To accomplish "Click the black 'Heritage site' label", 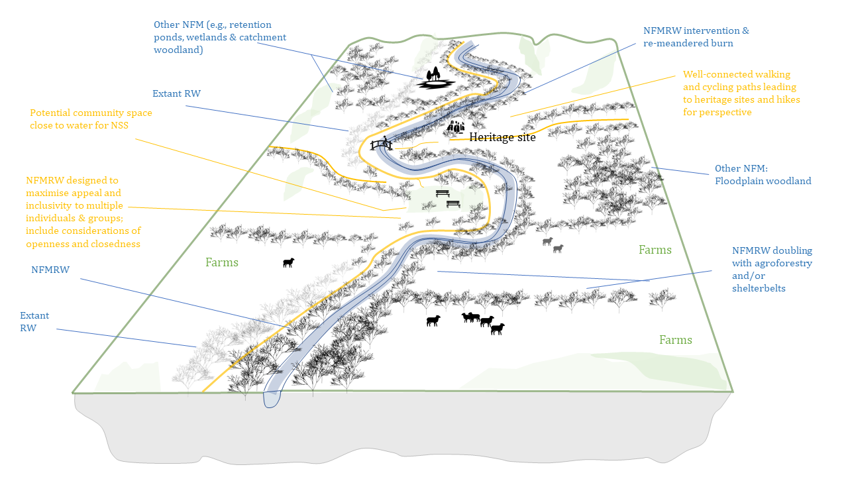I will pyautogui.click(x=502, y=137).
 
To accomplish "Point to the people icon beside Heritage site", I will pyautogui.click(x=456, y=126).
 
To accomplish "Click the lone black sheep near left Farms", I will pyautogui.click(x=288, y=263).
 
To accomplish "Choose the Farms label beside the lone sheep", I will pyautogui.click(x=221, y=262).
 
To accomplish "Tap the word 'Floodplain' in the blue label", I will pyautogui.click(x=739, y=181).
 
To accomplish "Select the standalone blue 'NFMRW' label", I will pyautogui.click(x=50, y=270).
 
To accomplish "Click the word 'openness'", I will pyautogui.click(x=48, y=243).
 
